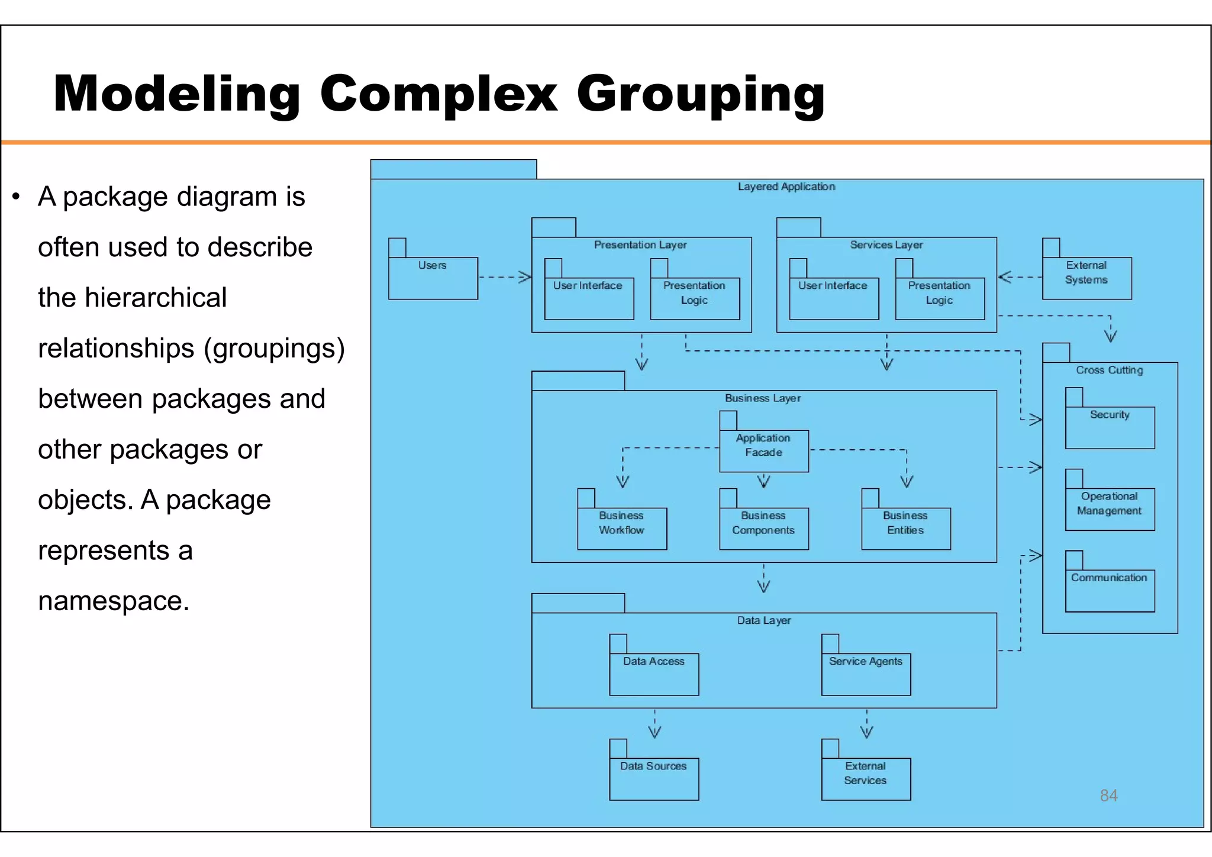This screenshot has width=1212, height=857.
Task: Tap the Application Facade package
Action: [763, 450]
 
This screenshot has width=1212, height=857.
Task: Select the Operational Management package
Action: [1110, 508]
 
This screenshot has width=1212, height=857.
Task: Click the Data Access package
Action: [654, 673]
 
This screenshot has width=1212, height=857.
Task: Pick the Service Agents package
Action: [866, 673]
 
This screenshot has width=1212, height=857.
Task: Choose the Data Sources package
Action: [654, 778]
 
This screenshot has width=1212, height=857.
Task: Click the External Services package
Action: [866, 778]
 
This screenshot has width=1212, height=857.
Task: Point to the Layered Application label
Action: [786, 186]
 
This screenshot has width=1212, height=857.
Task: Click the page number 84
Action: [1108, 795]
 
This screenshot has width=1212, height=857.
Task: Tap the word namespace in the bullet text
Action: [113, 601]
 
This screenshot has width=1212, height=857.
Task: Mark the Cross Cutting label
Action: [1110, 370]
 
